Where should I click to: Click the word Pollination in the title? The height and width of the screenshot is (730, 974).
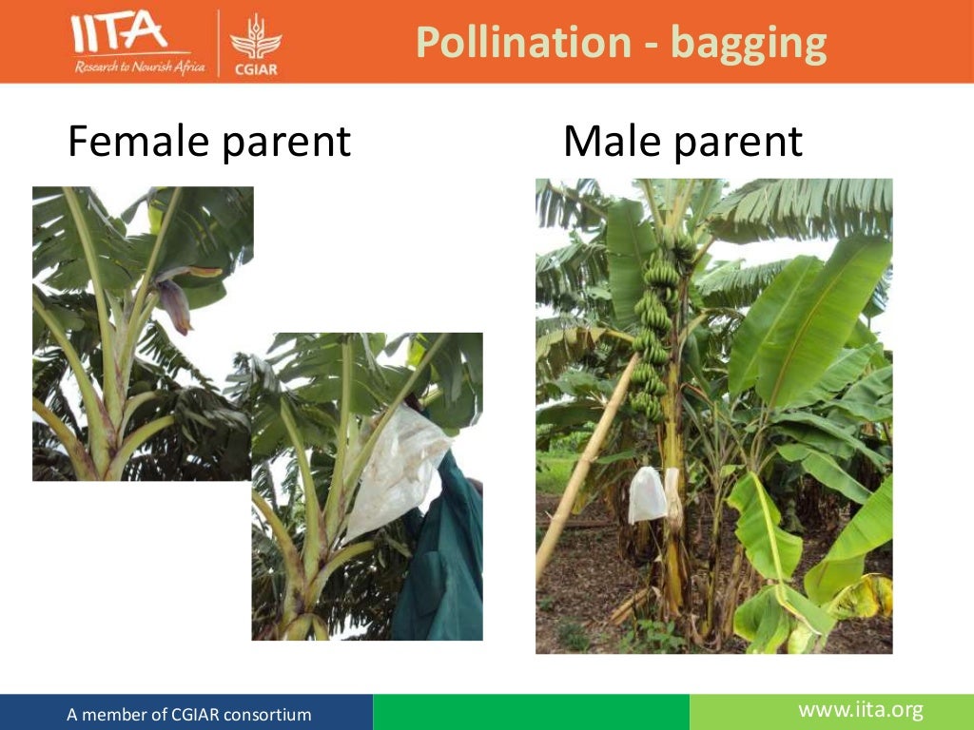click(522, 43)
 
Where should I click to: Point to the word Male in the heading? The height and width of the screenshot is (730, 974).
click(610, 142)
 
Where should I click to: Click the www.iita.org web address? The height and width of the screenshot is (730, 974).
click(860, 709)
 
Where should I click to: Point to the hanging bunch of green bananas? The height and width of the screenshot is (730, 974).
click(656, 323)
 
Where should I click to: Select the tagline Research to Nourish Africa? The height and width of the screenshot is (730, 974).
click(139, 67)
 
